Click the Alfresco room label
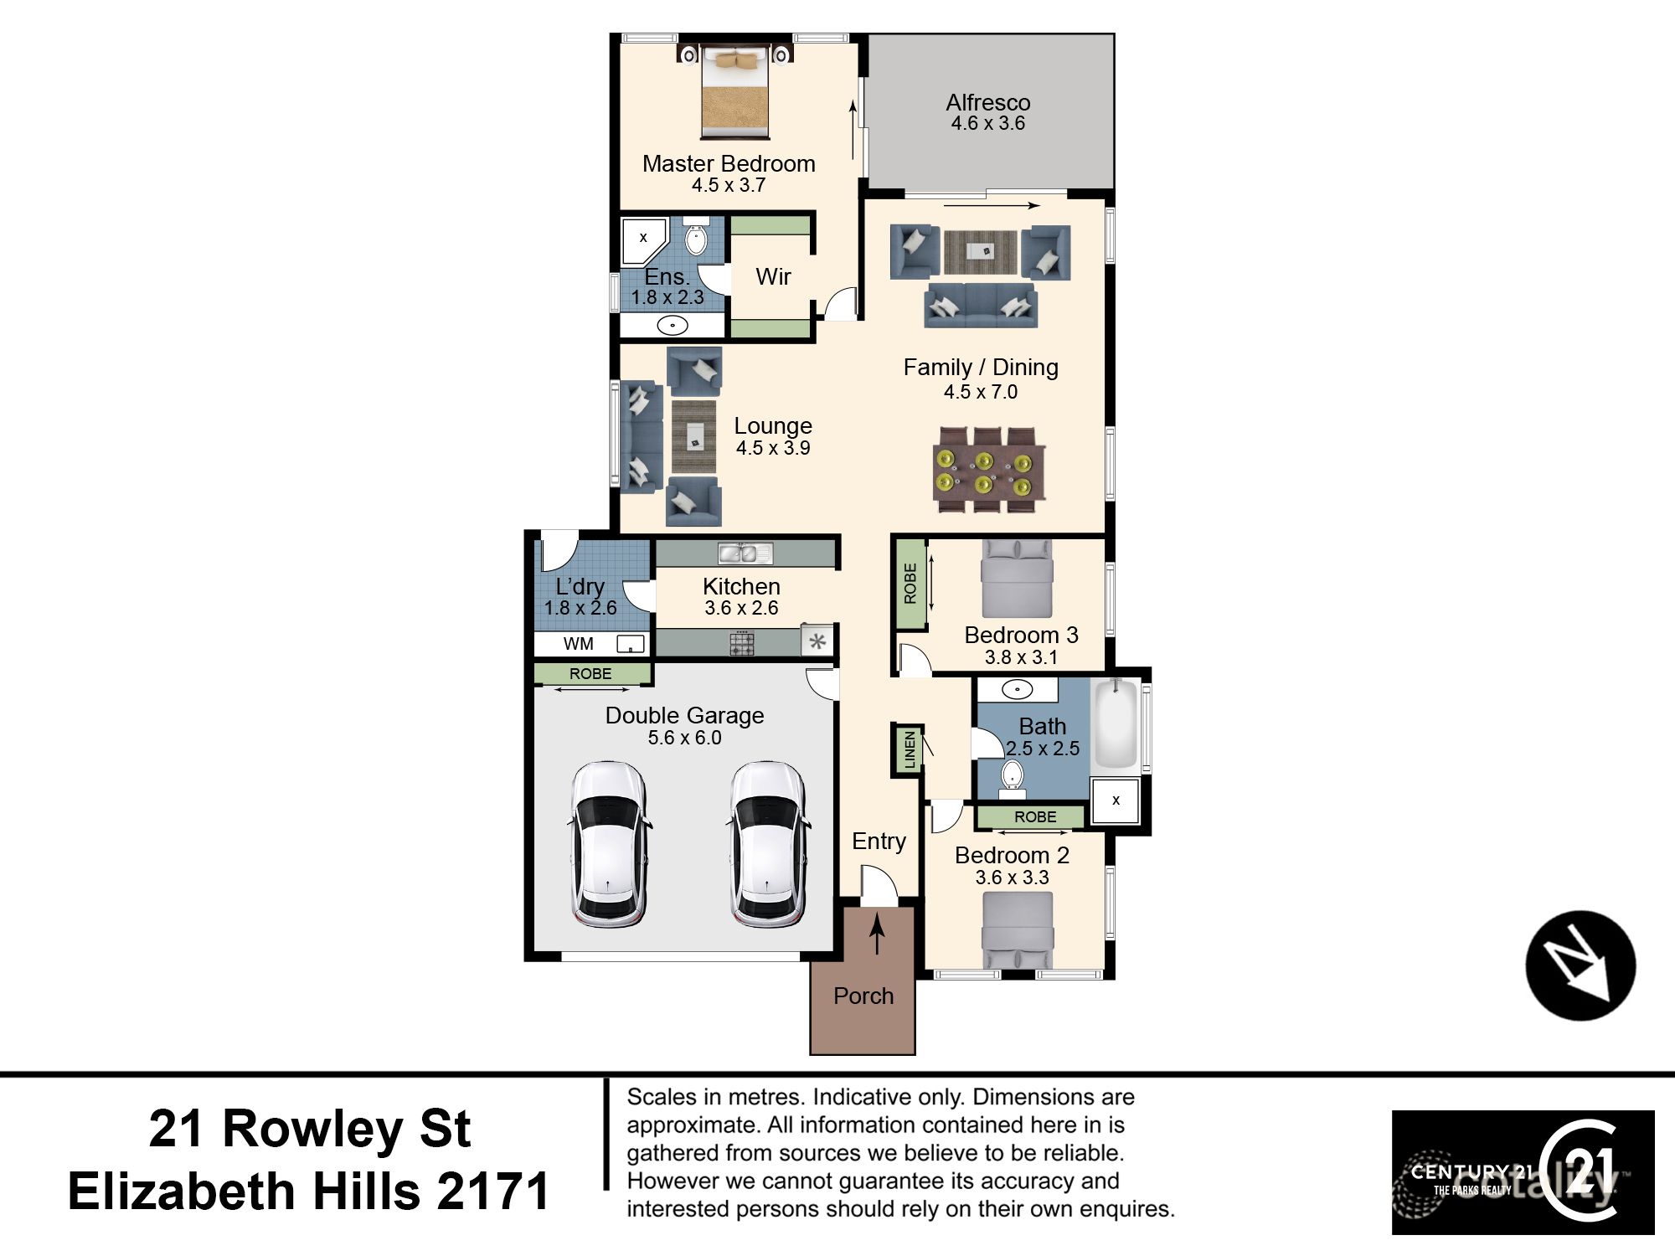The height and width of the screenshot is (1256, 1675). pyautogui.click(x=988, y=103)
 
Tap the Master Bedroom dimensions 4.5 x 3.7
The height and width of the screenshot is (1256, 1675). pyautogui.click(x=729, y=185)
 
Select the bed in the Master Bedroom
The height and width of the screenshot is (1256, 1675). pyautogui.click(x=734, y=92)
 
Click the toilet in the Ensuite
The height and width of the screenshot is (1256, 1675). pyautogui.click(x=696, y=239)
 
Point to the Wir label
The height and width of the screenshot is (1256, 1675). pyautogui.click(x=773, y=276)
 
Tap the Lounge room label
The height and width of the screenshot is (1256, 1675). pyautogui.click(x=773, y=426)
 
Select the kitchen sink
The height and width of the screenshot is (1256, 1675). pyautogui.click(x=745, y=553)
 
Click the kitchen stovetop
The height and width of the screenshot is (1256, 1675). pyautogui.click(x=742, y=643)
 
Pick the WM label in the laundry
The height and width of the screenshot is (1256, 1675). pyautogui.click(x=579, y=644)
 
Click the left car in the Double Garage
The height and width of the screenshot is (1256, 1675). pyautogui.click(x=609, y=844)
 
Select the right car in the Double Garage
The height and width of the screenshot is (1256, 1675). pyautogui.click(x=769, y=844)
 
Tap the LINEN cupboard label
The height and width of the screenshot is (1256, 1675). pyautogui.click(x=910, y=749)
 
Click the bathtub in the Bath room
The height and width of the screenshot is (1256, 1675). pyautogui.click(x=1116, y=724)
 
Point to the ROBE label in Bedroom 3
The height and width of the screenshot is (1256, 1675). pyautogui.click(x=910, y=584)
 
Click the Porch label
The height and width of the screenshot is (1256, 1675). pyautogui.click(x=863, y=996)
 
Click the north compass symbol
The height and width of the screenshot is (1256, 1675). pyautogui.click(x=1580, y=965)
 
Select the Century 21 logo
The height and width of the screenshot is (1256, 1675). pyautogui.click(x=1523, y=1172)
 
